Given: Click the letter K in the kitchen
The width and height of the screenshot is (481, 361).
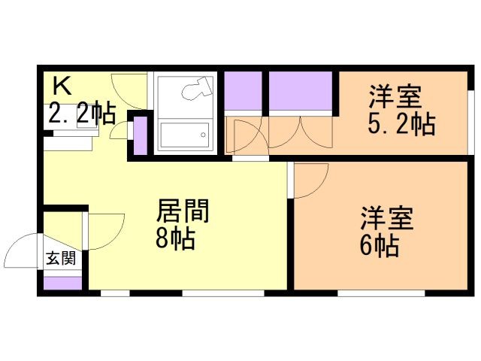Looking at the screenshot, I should pyautogui.click(x=62, y=86).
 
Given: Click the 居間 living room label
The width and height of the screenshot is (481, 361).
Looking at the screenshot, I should pyautogui.click(x=182, y=211).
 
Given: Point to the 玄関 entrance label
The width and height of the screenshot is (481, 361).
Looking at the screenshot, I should pyautogui.click(x=61, y=259).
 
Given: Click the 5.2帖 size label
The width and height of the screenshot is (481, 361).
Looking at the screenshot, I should pyautogui.click(x=401, y=124).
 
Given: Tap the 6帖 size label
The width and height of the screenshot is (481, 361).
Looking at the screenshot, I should pyautogui.click(x=379, y=247).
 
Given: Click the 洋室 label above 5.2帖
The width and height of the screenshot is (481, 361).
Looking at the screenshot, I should pyautogui.click(x=395, y=98).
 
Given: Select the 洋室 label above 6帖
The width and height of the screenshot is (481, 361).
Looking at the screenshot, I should pyautogui.click(x=386, y=219).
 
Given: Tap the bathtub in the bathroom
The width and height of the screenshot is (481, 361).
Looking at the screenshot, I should pyautogui.click(x=184, y=136).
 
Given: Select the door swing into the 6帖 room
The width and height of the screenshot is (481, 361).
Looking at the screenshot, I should pyautogui.click(x=310, y=180).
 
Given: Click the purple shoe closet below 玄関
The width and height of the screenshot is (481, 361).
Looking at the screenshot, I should pyautogui.click(x=62, y=284).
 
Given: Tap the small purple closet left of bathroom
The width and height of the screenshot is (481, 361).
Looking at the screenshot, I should pyautogui.click(x=139, y=136).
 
